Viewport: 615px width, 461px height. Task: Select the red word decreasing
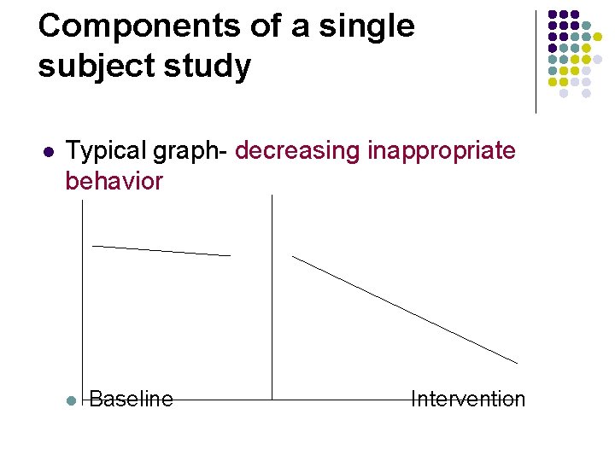(297, 152)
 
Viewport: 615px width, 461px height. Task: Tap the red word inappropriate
(442, 152)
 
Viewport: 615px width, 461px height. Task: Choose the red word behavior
(114, 181)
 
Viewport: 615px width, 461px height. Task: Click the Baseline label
(131, 400)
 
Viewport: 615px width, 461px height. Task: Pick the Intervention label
(468, 400)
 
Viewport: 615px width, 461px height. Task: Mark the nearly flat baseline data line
(161, 250)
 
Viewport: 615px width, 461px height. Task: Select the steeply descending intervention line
(405, 310)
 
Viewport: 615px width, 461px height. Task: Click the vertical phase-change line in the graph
(272, 299)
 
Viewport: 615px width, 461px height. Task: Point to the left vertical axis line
(81, 299)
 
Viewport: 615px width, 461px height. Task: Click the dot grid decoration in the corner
(575, 54)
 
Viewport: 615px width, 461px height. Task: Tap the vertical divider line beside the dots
(536, 61)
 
